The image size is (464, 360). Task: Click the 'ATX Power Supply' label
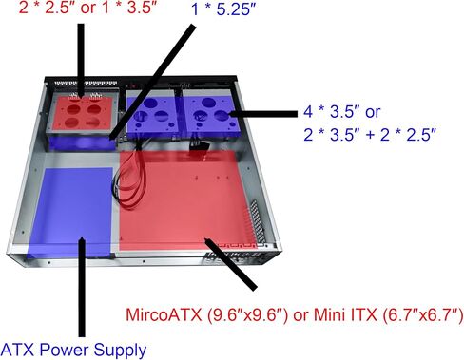[74, 351]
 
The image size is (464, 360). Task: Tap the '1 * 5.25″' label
[223, 9]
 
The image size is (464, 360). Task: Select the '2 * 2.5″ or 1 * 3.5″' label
[87, 8]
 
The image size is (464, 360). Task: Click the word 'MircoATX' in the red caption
[164, 314]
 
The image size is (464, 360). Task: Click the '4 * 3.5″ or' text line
[341, 111]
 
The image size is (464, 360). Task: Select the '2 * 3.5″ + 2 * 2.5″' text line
[370, 135]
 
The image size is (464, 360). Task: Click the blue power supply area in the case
[71, 212]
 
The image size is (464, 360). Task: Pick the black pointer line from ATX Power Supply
[82, 287]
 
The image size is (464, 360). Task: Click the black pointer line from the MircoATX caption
[231, 264]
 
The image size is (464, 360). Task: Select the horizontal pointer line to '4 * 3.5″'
[262, 114]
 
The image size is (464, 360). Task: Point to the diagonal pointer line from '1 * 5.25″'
[151, 83]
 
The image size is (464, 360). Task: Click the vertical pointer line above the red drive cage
[81, 60]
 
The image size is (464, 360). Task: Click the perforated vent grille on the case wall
[256, 221]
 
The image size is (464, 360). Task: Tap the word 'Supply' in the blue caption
[120, 351]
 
